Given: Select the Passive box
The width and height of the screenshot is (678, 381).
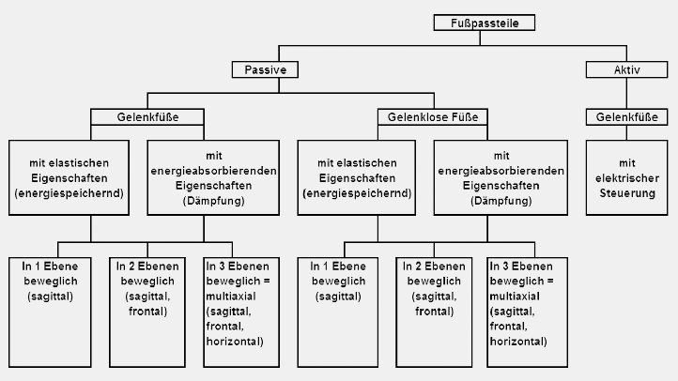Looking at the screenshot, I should click(x=265, y=69).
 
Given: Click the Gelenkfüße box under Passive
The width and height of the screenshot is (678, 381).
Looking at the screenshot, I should click(x=147, y=117).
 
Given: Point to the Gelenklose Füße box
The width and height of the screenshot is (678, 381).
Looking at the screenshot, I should click(x=433, y=117).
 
